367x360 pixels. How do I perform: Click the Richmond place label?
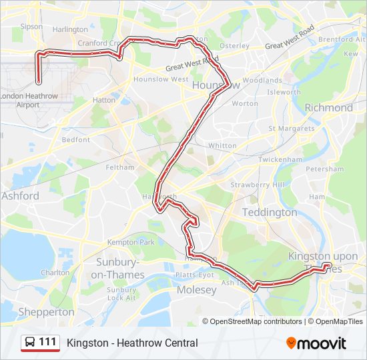tap(328, 107)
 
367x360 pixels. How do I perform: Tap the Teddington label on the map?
tap(269, 212)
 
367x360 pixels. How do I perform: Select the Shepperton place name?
tap(47, 311)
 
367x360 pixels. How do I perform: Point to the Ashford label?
tap(20, 196)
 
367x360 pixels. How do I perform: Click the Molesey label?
tap(197, 290)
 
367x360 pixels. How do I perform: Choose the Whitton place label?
tap(222, 145)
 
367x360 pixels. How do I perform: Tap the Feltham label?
tap(120, 167)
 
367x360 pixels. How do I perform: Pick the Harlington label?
tap(70, 29)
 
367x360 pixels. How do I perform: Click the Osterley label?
tap(234, 46)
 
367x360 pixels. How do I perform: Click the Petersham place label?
tap(325, 169)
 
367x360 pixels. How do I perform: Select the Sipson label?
tap(31, 27)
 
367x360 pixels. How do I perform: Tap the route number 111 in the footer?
tap(47, 342)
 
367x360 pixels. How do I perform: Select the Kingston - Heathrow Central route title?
tap(132, 343)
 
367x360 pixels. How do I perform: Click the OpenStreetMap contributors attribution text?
tap(256, 321)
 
